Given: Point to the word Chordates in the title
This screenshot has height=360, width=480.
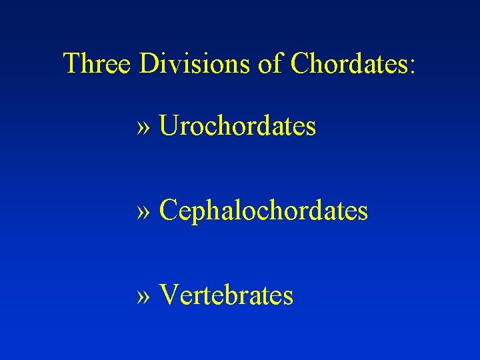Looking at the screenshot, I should click(347, 64).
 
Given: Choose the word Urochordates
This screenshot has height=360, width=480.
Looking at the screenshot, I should click(237, 125).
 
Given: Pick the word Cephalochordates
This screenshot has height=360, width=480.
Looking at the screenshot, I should click(263, 211).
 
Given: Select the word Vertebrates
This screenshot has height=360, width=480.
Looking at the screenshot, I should click(227, 295).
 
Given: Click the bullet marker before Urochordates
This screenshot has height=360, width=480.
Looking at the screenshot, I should click(145, 128).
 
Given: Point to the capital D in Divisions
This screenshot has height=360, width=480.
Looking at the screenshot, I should click(149, 64).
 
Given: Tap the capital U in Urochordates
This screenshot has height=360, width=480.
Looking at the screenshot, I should click(169, 125).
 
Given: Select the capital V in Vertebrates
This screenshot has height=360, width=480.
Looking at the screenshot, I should click(169, 295).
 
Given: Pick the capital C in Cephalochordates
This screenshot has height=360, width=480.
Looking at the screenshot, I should click(169, 211).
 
